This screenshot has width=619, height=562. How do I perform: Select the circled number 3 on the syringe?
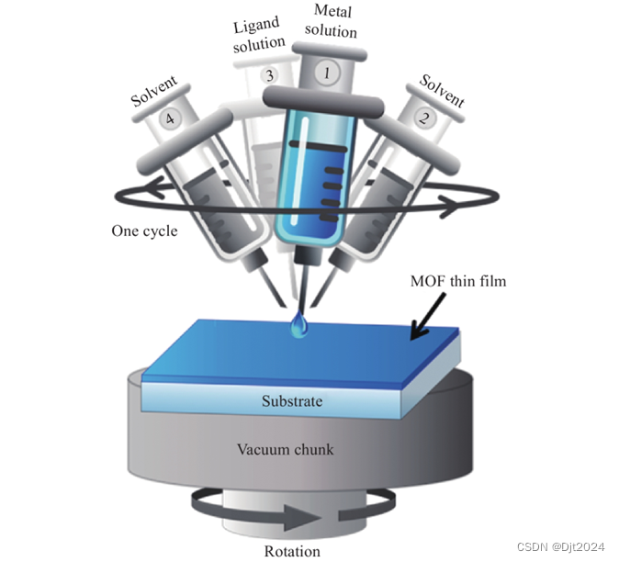point(269,75)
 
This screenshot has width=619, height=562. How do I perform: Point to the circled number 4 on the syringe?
point(167,118)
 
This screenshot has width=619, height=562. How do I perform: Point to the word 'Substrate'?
point(293,400)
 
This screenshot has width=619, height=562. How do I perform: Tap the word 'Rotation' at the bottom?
point(291,551)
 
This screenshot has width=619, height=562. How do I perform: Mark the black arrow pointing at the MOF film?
point(429,316)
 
